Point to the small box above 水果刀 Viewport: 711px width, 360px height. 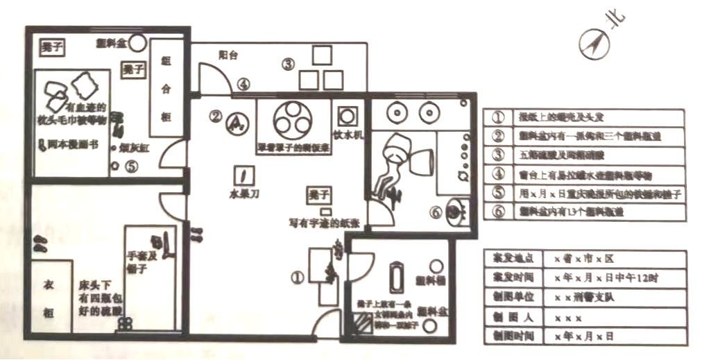pyautogui.click(x=243, y=175)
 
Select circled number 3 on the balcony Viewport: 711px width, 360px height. pyautogui.click(x=288, y=65)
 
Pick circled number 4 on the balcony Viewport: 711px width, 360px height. pyautogui.click(x=242, y=84)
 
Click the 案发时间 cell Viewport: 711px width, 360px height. pyautogui.click(x=511, y=278)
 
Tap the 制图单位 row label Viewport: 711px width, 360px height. pyautogui.click(x=511, y=298)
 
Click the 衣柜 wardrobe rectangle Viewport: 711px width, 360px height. pyautogui.click(x=50, y=296)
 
